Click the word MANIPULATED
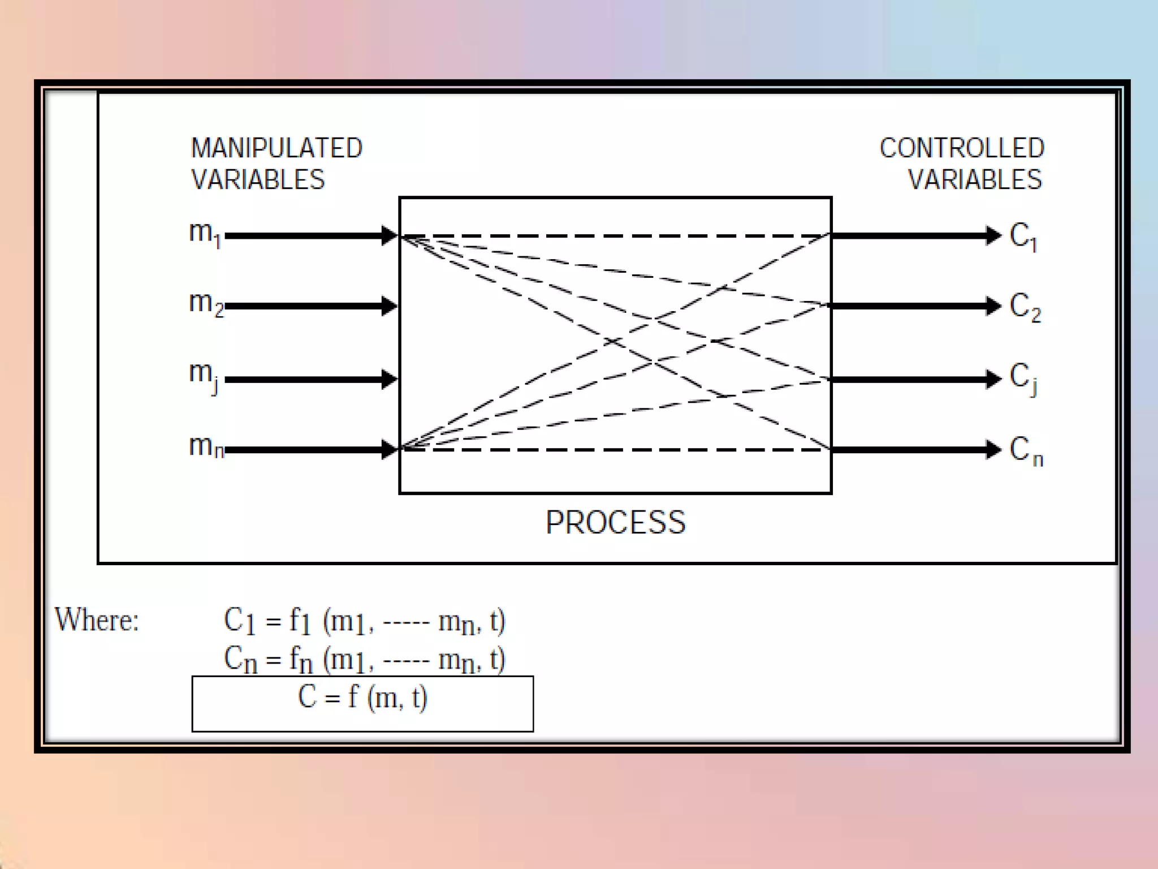276,148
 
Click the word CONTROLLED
961,148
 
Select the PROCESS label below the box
615,522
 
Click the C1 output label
1023,236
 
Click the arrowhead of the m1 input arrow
389,235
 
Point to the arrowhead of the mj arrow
389,378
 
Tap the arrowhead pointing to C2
993,306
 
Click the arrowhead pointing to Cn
993,450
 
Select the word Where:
97,620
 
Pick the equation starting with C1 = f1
364,621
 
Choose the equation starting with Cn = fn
364,660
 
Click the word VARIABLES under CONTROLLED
974,180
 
